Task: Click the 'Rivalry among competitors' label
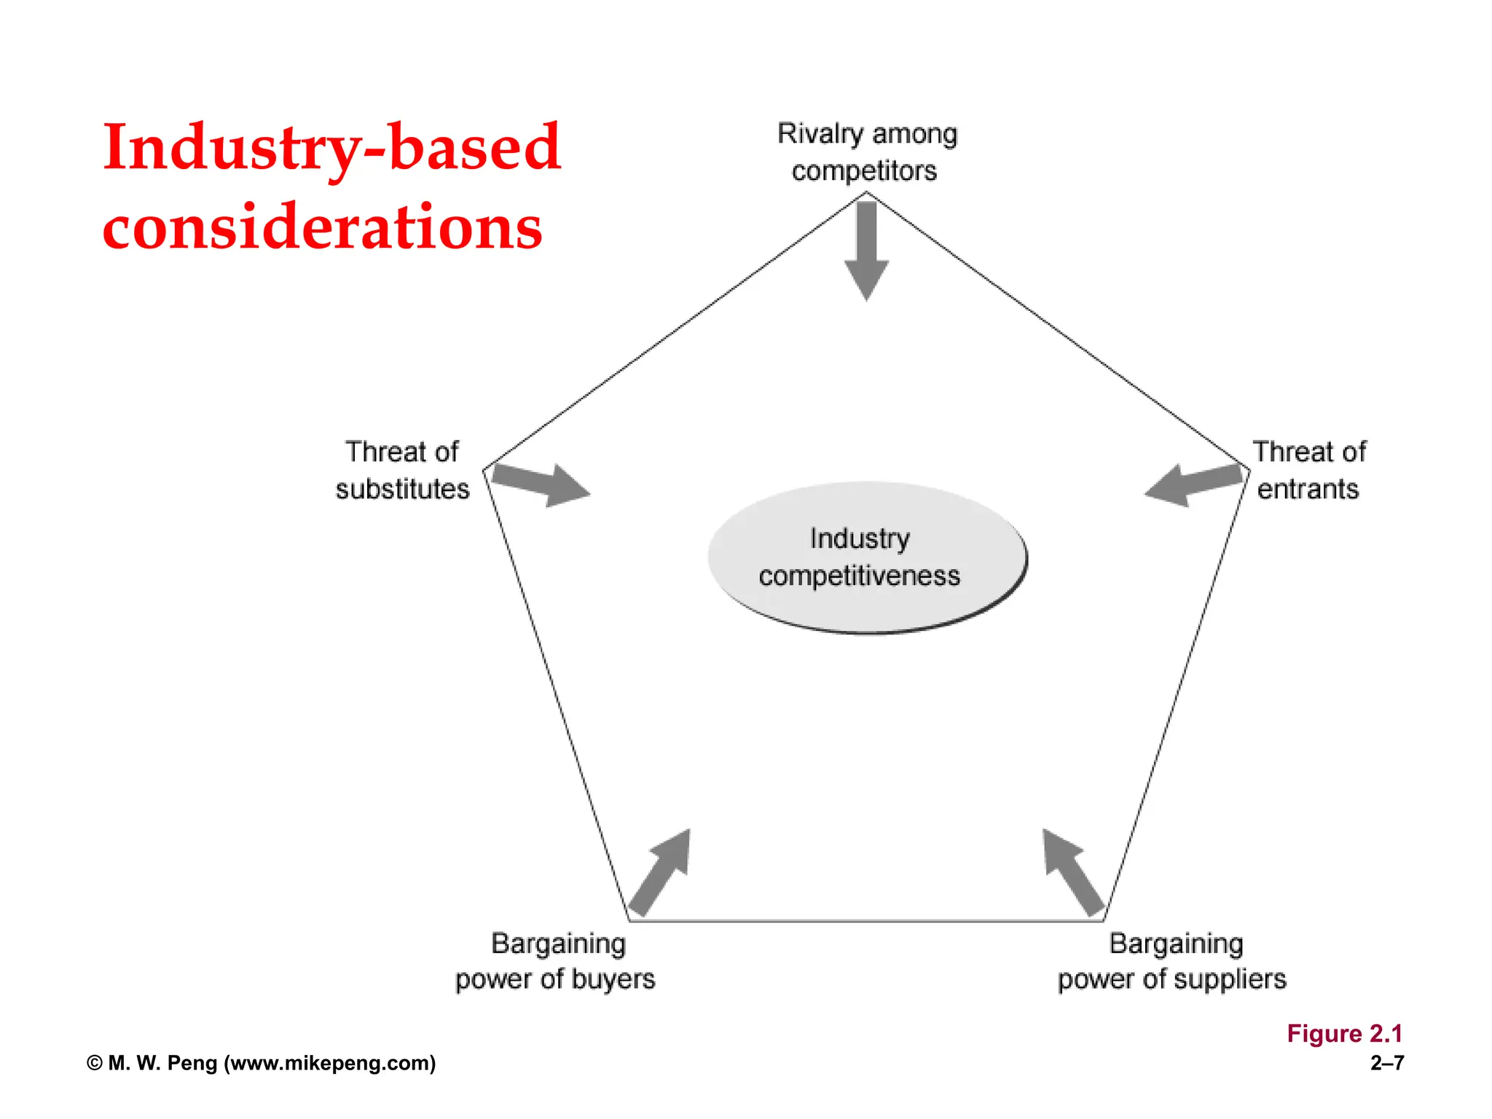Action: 867,152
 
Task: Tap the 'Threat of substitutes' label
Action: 402,470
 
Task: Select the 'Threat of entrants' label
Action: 1309,470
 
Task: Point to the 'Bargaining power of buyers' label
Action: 555,962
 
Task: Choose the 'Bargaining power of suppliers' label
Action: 1172,962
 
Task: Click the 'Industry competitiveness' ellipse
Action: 867,558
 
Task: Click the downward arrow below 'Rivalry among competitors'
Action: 866,251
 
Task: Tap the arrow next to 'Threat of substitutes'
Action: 541,484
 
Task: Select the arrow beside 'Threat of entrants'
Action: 1193,484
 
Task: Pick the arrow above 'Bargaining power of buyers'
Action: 660,872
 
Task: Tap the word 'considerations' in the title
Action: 323,226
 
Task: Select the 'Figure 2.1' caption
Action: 1345,1034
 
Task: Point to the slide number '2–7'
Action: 1387,1063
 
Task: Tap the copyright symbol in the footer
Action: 95,1064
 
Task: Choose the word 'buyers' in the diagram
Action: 613,980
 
